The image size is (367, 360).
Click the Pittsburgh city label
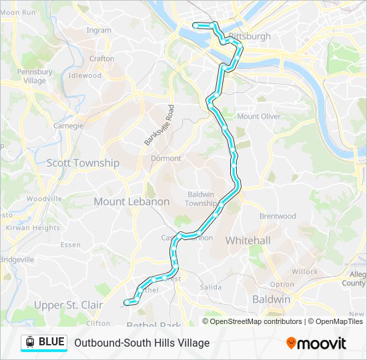point(250,36)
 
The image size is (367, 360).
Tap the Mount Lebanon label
point(131,201)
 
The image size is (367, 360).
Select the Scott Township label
point(83,163)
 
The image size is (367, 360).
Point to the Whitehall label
point(248,240)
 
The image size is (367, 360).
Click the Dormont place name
point(165,159)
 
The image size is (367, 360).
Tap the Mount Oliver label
point(258,116)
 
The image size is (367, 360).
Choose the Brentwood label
point(278,216)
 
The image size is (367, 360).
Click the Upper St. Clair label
point(69,305)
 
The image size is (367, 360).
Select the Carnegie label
point(68,125)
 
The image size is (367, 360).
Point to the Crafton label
point(102,59)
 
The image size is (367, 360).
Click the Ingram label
point(99,30)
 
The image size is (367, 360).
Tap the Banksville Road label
point(159,125)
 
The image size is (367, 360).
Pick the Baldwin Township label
point(201,199)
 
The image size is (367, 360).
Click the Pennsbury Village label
point(35,76)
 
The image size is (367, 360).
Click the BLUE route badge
point(44,343)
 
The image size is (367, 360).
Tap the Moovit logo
point(316,343)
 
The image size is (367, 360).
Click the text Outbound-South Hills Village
point(142,343)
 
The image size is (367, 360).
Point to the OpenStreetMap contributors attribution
point(256,321)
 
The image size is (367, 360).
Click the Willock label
point(304,272)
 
